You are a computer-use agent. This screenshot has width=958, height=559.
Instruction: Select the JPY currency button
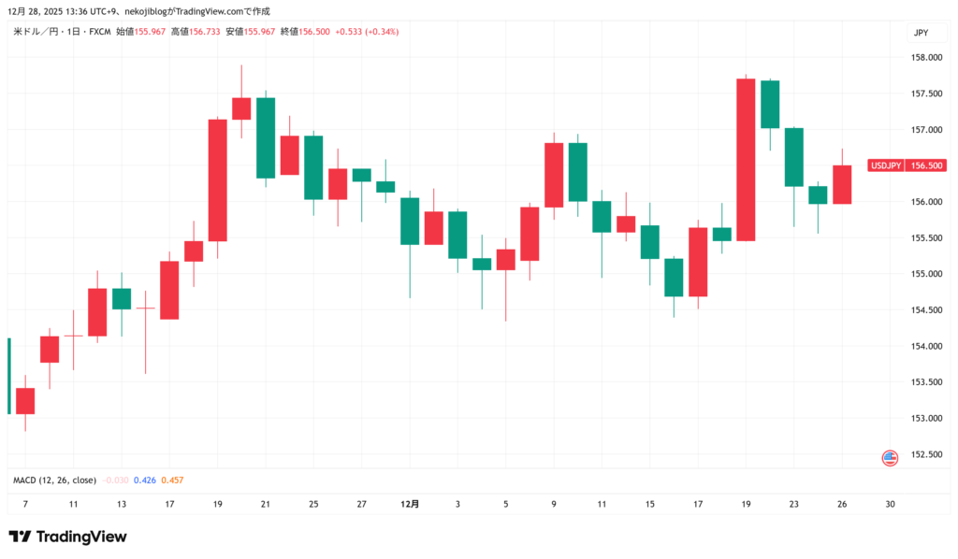click(921, 33)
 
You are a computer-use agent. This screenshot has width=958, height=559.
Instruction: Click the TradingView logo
click(67, 537)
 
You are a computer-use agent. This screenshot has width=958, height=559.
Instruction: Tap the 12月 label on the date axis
click(410, 504)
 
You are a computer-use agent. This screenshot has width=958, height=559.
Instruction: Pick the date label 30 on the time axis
click(890, 504)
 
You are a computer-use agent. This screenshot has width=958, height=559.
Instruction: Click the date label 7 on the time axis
click(25, 504)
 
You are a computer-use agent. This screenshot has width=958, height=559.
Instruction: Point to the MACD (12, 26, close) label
click(54, 480)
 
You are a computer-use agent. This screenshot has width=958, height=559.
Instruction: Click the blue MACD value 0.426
click(144, 480)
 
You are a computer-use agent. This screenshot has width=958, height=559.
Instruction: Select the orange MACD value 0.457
click(172, 480)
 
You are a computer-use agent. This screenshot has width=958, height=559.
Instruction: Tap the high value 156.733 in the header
click(201, 32)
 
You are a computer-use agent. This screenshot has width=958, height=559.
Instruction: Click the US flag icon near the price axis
click(890, 458)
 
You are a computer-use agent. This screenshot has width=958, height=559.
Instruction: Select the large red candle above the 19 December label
click(746, 159)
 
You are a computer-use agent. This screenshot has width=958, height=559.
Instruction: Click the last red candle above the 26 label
click(842, 184)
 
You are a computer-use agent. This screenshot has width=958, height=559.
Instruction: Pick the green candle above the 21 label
click(266, 137)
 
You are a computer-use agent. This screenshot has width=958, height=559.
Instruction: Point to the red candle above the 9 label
click(554, 175)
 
